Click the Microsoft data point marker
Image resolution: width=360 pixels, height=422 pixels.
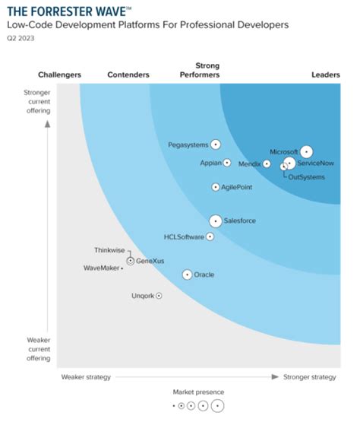pyautogui.click(x=306, y=151)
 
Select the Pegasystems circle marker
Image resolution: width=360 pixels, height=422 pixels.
pyautogui.click(x=216, y=144)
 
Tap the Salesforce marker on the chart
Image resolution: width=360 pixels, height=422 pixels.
pyautogui.click(x=216, y=221)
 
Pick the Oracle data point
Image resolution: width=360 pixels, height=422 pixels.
pyautogui.click(x=187, y=274)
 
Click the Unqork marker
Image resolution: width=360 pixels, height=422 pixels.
pyautogui.click(x=159, y=295)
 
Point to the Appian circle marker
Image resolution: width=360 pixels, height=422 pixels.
pyautogui.click(x=226, y=163)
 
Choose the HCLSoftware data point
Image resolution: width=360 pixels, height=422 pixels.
pyautogui.click(x=210, y=236)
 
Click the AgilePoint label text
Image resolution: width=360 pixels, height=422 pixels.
pyautogui.click(x=236, y=187)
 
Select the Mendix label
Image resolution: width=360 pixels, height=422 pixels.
pyautogui.click(x=249, y=163)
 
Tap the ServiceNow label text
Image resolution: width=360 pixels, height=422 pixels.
pyautogui.click(x=315, y=163)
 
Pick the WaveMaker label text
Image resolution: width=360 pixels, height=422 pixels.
pyautogui.click(x=101, y=268)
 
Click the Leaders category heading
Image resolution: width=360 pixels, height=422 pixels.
pyautogui.click(x=325, y=75)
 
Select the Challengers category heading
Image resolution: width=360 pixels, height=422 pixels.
pyautogui.click(x=59, y=75)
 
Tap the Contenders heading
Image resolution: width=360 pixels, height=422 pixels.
pyautogui.click(x=128, y=75)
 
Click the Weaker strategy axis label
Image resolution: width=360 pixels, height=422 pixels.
pyautogui.click(x=86, y=376)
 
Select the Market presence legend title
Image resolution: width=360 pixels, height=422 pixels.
pyautogui.click(x=198, y=392)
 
